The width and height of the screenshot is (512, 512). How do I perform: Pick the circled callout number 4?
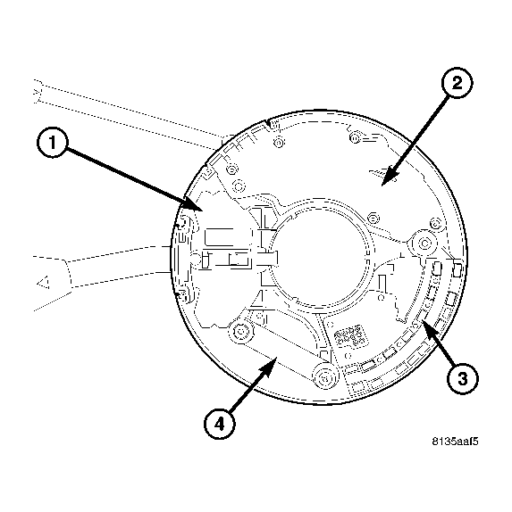click(x=217, y=423)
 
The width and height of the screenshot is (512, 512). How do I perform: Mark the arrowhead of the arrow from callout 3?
click(x=424, y=326)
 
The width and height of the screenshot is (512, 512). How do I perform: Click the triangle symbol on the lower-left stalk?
click(x=40, y=285)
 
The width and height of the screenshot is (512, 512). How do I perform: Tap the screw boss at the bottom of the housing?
click(x=323, y=376)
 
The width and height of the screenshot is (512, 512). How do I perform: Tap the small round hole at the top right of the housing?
click(x=355, y=136)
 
